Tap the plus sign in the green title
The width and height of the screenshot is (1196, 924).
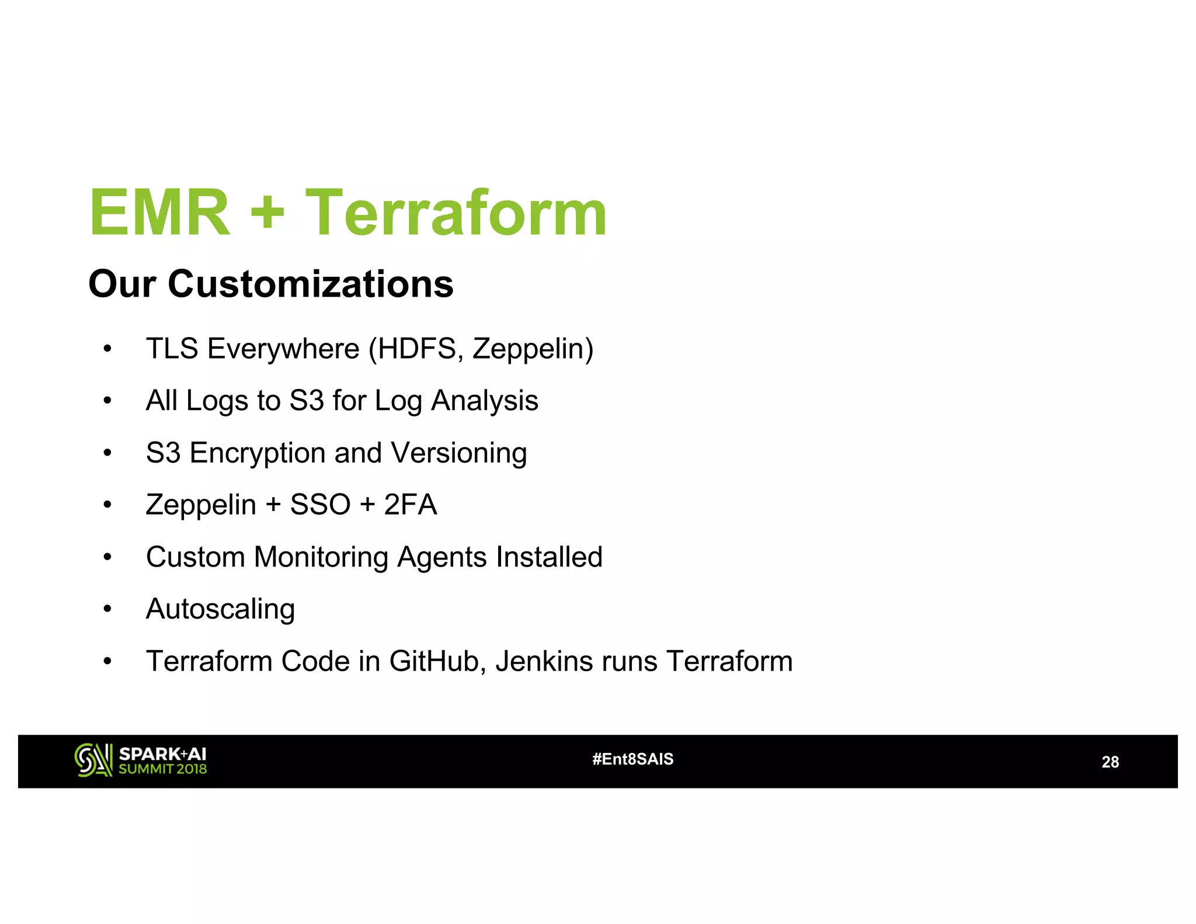(x=267, y=214)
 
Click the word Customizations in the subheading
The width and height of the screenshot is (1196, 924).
(x=310, y=284)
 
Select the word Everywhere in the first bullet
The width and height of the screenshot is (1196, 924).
(x=283, y=349)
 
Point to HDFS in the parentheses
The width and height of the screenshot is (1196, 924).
(x=418, y=349)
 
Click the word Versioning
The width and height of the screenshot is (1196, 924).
(x=458, y=454)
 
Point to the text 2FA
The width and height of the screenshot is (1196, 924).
(x=410, y=505)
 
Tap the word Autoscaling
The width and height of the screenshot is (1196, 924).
(x=220, y=610)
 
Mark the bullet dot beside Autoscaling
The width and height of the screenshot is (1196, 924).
(x=107, y=610)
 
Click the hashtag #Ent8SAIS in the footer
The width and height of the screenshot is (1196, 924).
(x=632, y=759)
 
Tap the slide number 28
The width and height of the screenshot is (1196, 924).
(x=1110, y=762)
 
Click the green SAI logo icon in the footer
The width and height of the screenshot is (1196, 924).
(x=93, y=760)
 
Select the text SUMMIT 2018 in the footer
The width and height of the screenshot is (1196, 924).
(x=163, y=769)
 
